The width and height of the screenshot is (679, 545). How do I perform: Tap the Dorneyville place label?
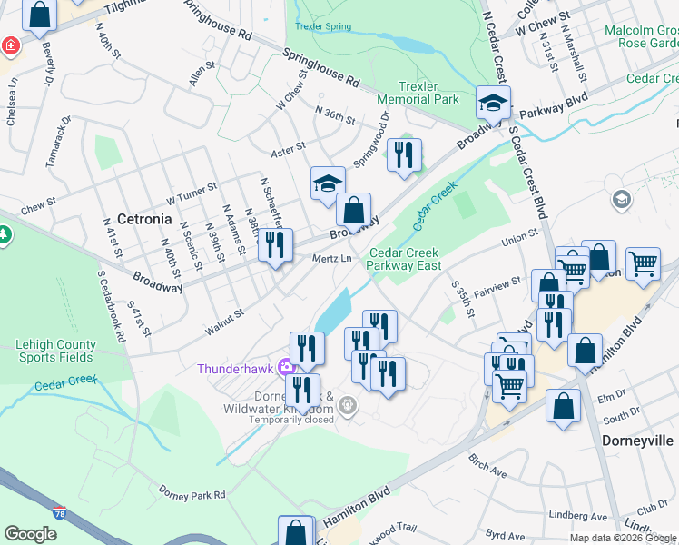coord(638,440)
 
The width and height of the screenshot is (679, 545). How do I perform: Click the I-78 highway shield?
coord(59,514)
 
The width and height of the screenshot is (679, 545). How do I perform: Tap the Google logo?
coord(30,534)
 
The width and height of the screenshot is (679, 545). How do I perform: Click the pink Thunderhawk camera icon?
coord(287,368)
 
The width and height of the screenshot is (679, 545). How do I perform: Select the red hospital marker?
coord(10,45)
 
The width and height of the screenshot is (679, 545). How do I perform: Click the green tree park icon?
coord(4,235)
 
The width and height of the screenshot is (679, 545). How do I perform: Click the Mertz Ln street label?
coord(331,258)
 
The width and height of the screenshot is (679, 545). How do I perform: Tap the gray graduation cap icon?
coord(622,200)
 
